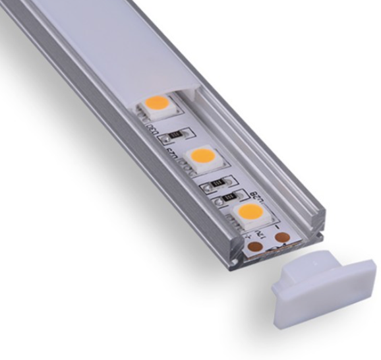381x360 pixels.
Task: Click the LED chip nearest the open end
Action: pos(249,212)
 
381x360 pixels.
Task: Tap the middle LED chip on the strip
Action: pos(203,158)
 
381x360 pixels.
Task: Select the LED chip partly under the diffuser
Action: pos(158,104)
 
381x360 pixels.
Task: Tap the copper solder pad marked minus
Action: pos(281,237)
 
